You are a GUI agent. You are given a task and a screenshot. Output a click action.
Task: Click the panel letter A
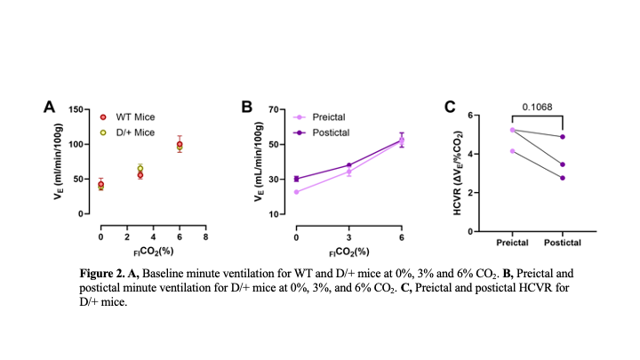(51, 107)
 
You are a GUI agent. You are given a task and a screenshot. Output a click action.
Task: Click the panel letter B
(247, 107)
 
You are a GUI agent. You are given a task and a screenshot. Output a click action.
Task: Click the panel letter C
(450, 107)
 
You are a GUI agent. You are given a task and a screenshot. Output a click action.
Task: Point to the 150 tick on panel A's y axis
(76, 109)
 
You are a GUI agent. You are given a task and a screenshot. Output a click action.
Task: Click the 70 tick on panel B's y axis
(275, 109)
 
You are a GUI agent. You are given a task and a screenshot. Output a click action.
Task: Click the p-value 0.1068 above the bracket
(538, 107)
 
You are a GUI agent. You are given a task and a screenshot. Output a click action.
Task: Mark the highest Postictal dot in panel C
(563, 137)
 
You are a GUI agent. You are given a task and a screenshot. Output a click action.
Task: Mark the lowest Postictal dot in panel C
(563, 178)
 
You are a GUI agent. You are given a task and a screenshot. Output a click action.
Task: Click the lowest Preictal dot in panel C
(513, 151)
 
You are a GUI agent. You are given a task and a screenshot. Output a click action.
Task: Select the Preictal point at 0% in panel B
(296, 192)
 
